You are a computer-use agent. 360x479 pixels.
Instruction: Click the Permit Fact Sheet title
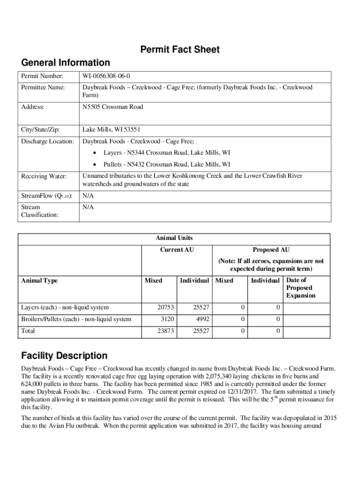(180, 50)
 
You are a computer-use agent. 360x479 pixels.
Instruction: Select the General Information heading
(66, 63)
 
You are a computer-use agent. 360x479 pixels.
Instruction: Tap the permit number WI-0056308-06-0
(110, 76)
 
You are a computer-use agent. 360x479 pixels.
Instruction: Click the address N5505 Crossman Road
(113, 107)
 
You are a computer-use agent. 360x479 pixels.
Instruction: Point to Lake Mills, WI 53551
(111, 130)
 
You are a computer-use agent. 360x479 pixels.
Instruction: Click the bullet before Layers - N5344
(95, 153)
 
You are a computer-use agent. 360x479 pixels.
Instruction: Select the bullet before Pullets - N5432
(95, 165)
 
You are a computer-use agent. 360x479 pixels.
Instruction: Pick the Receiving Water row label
(44, 176)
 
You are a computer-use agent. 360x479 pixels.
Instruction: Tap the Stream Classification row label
(40, 211)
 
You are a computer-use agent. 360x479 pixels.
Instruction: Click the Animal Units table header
(174, 238)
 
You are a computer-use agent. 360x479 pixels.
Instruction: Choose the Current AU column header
(177, 250)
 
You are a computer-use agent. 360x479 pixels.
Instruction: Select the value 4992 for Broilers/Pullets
(202, 319)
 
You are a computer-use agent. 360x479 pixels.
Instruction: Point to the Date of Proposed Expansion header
(301, 288)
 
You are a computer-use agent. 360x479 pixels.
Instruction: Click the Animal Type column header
(40, 281)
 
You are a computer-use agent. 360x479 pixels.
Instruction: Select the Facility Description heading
(64, 356)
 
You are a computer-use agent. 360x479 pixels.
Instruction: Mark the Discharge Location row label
(48, 141)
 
